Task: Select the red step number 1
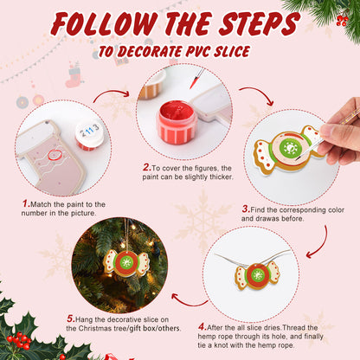click(26, 204)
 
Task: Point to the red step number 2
click(146, 167)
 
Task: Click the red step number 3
click(246, 209)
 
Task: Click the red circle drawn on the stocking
click(55, 156)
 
